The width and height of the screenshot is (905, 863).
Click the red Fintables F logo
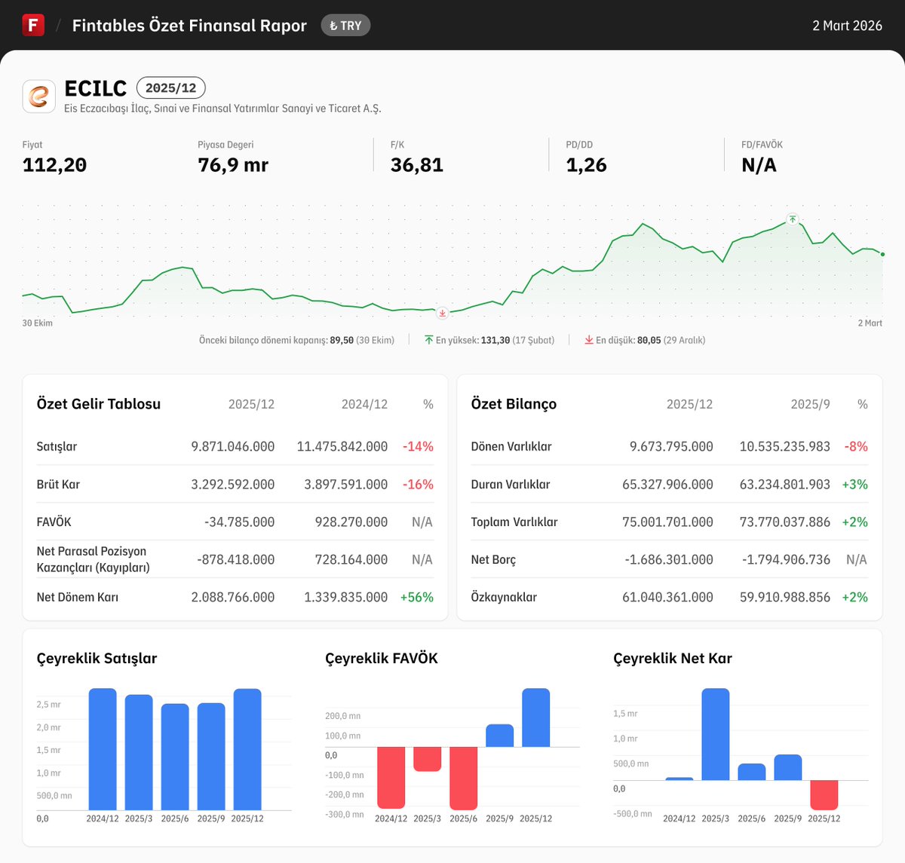pyautogui.click(x=33, y=25)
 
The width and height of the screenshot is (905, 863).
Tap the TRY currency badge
pyautogui.click(x=345, y=26)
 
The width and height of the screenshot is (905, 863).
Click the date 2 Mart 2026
pyautogui.click(x=847, y=26)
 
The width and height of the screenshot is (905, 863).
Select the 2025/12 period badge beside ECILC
pyautogui.click(x=170, y=88)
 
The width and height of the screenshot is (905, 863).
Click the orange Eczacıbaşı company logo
pyautogui.click(x=38, y=96)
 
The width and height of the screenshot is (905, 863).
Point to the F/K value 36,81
pyautogui.click(x=416, y=165)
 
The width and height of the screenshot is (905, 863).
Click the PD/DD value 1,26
pyautogui.click(x=586, y=165)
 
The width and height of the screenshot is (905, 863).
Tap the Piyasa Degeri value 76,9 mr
pyautogui.click(x=233, y=165)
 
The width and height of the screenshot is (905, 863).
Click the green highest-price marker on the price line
pyautogui.click(x=792, y=219)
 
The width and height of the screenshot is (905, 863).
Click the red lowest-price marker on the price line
pyautogui.click(x=443, y=313)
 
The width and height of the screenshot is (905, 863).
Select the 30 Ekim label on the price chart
pyautogui.click(x=38, y=323)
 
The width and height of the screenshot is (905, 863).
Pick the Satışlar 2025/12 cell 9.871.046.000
pyautogui.click(x=232, y=447)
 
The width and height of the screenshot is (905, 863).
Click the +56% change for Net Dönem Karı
pyautogui.click(x=416, y=598)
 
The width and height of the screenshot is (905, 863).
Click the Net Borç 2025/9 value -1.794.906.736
pyautogui.click(x=784, y=560)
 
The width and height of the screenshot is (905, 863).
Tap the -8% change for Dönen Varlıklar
pyautogui.click(x=855, y=447)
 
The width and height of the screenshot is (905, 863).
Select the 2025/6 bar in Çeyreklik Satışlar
pyautogui.click(x=175, y=757)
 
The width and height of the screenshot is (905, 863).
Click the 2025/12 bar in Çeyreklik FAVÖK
pyautogui.click(x=535, y=718)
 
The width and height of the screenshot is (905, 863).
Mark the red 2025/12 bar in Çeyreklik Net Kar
pyautogui.click(x=824, y=794)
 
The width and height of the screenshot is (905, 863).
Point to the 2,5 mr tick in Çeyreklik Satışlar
pyautogui.click(x=48, y=705)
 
